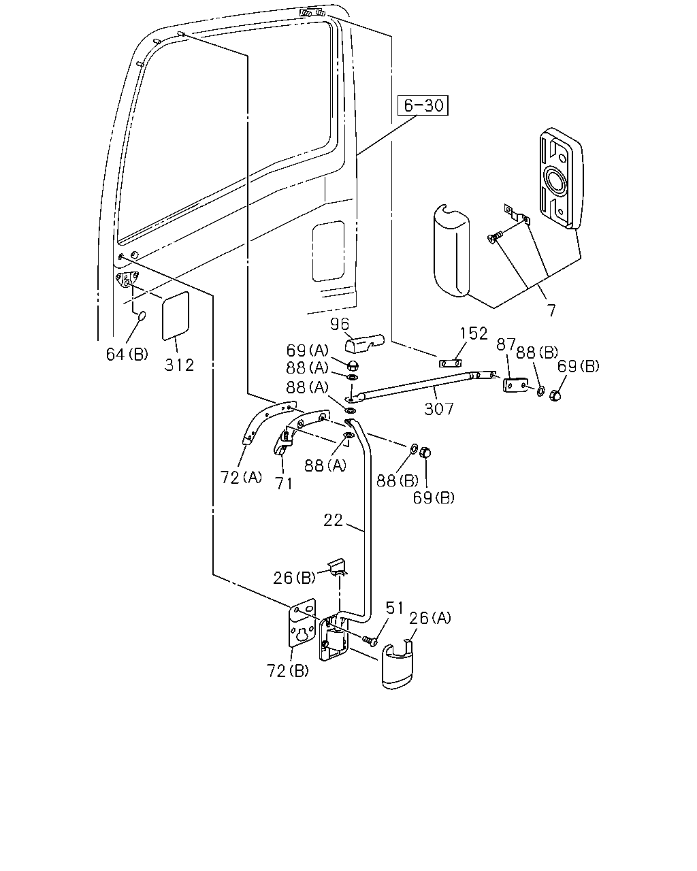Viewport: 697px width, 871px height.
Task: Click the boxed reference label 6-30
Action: [x=423, y=105]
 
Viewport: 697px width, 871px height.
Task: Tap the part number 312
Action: [x=179, y=365]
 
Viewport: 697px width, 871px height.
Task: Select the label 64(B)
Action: [x=127, y=355]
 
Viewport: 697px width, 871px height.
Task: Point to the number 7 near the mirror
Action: [x=551, y=310]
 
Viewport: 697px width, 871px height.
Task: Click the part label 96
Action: [x=340, y=324]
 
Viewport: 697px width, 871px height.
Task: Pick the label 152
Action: [x=474, y=333]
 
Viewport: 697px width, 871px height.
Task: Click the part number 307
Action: [x=439, y=409]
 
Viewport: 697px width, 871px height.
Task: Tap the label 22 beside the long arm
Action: [x=333, y=520]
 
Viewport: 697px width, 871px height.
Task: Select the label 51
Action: [x=395, y=608]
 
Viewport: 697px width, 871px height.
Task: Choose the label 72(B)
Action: [x=287, y=672]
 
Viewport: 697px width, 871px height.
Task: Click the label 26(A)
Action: [x=429, y=618]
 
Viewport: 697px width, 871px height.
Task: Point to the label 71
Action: [x=283, y=484]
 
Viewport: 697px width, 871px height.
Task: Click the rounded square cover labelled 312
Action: [x=176, y=316]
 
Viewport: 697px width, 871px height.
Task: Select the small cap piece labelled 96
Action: [x=363, y=343]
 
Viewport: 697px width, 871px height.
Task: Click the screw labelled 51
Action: [x=370, y=640]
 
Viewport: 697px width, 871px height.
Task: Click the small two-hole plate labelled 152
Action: [x=451, y=363]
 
